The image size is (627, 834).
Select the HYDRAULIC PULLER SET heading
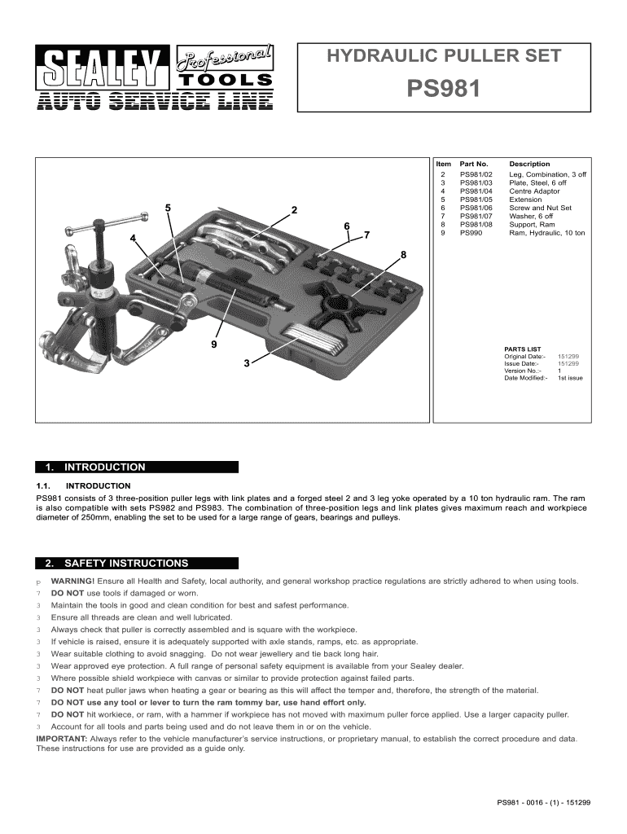(x=443, y=56)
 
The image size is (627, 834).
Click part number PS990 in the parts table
(x=470, y=234)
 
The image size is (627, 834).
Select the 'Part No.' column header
(x=473, y=165)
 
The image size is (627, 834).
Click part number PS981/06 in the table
(x=476, y=208)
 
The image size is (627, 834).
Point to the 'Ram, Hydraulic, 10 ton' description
(x=546, y=234)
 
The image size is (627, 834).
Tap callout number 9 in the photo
(x=213, y=345)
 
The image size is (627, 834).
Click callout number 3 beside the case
(x=246, y=363)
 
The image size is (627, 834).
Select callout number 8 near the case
(x=402, y=256)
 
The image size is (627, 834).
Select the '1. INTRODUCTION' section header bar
(x=137, y=467)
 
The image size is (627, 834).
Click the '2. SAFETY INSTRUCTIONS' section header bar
(x=137, y=563)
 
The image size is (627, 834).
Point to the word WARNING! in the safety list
(x=72, y=582)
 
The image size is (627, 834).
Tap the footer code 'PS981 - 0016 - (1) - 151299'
(x=543, y=802)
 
